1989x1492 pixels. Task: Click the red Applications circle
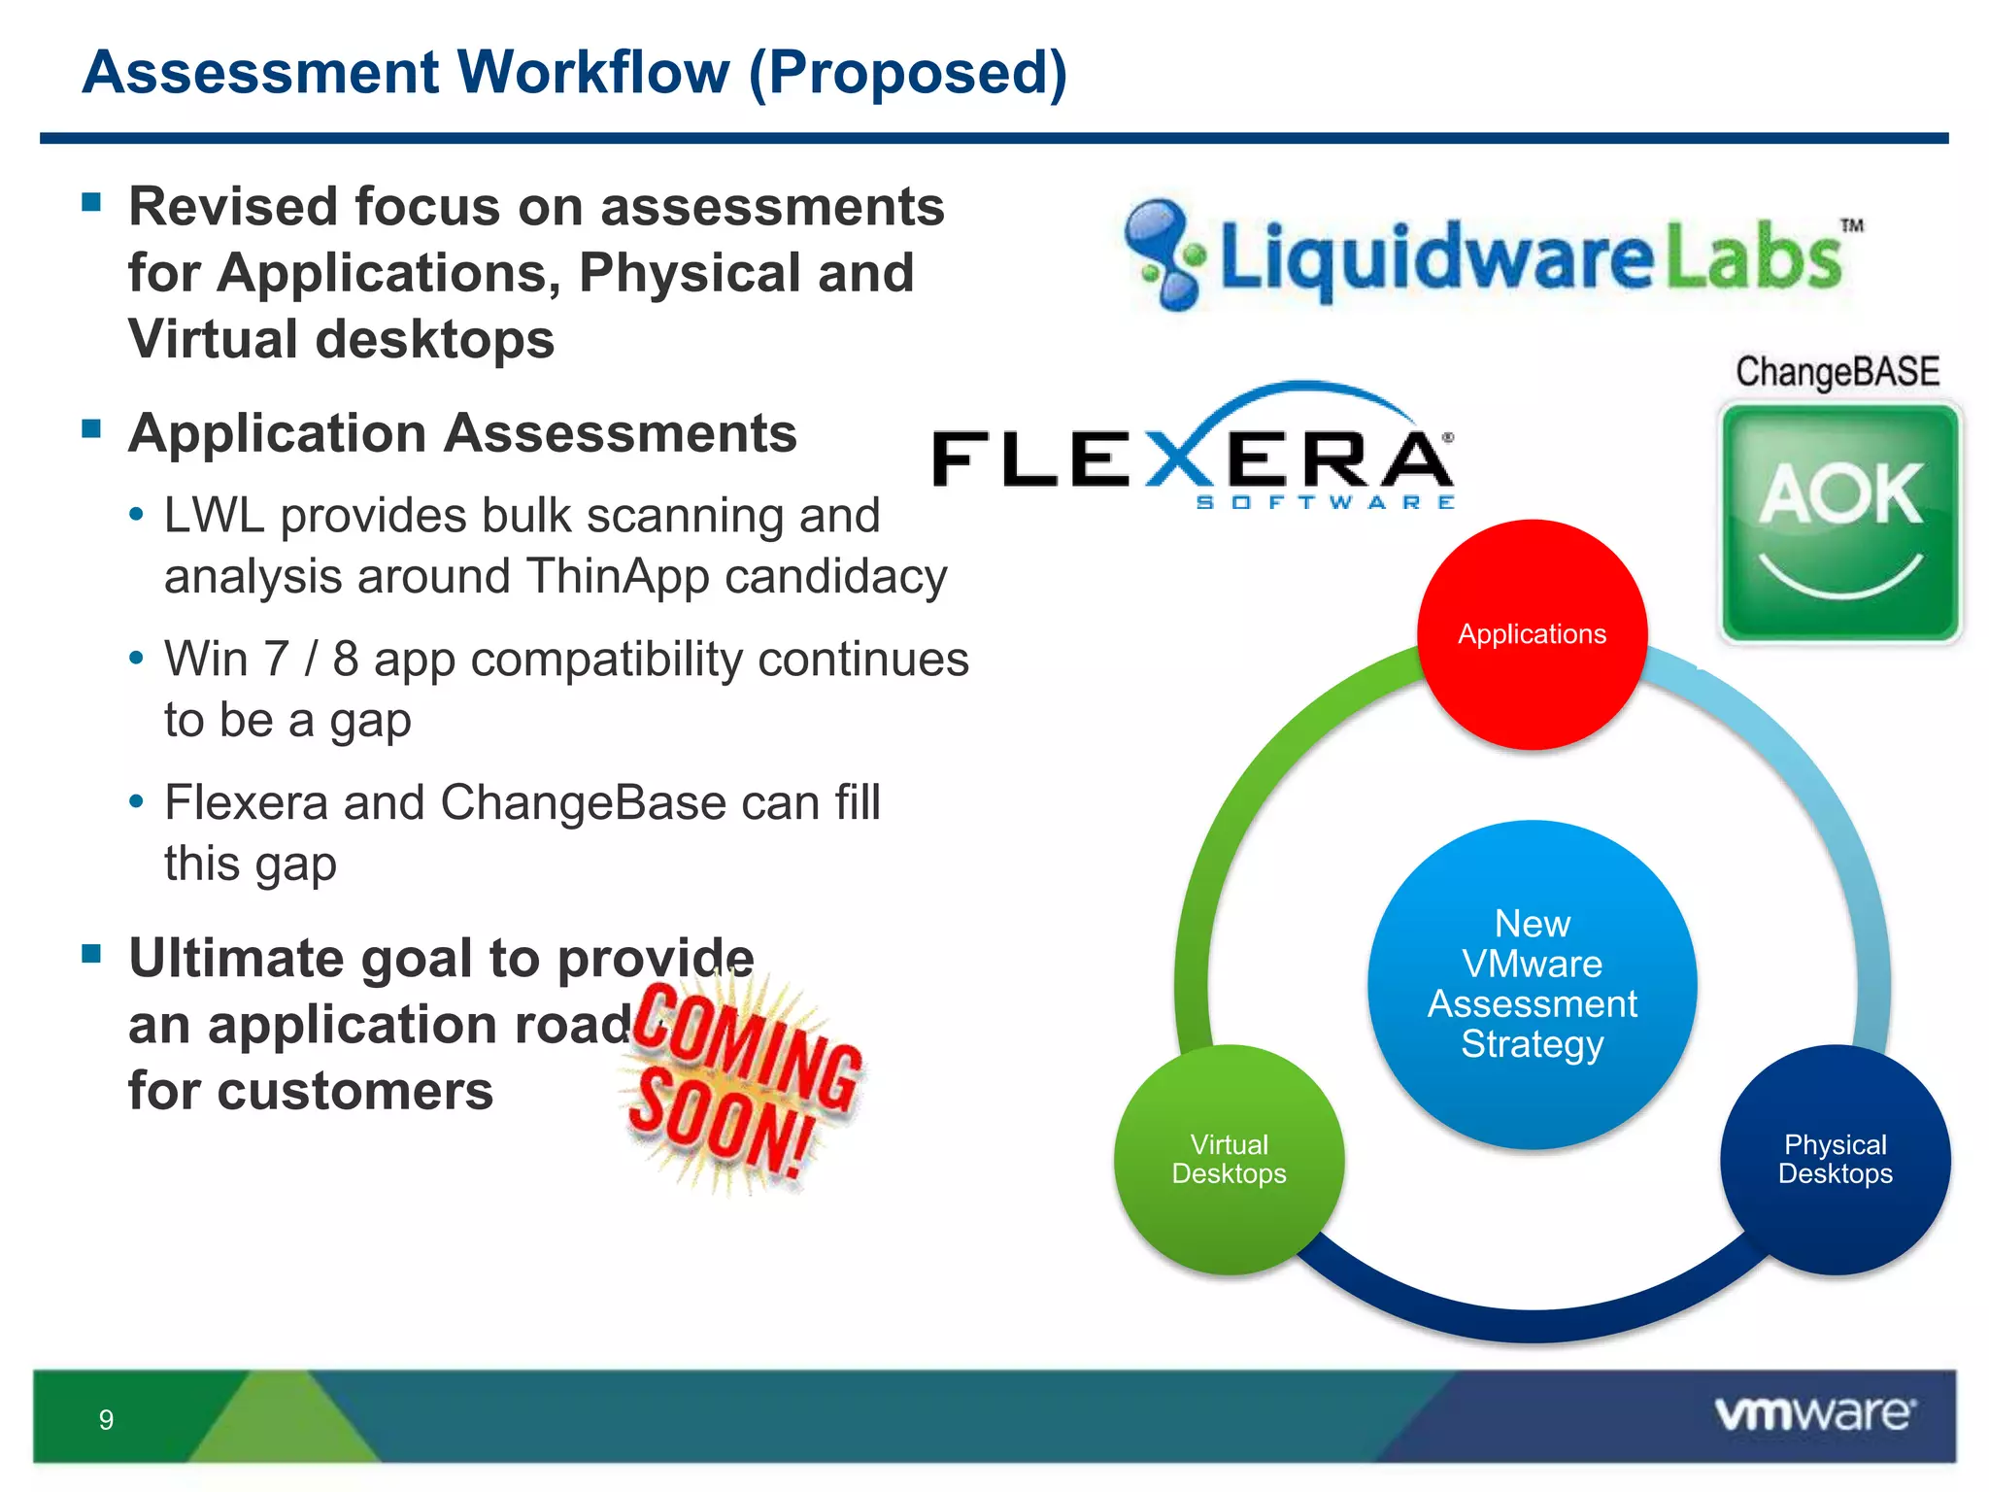tap(1532, 634)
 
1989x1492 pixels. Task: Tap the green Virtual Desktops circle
tap(1229, 1159)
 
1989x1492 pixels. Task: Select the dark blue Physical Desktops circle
tap(1835, 1159)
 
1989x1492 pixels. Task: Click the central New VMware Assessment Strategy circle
tap(1532, 983)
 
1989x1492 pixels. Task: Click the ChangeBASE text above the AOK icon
tap(1837, 372)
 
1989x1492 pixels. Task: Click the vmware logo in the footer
tap(1814, 1413)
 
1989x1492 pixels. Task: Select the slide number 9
tap(106, 1420)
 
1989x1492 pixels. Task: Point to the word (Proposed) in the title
tap(907, 73)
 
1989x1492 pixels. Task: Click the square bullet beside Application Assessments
tap(92, 428)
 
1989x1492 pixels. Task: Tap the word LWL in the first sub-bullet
tap(214, 516)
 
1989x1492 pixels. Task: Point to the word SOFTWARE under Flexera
tap(1325, 502)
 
